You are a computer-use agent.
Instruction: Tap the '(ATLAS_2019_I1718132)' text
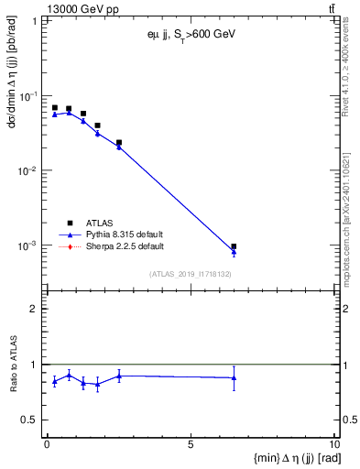[x=190, y=273]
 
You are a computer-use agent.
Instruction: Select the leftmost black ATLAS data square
[x=55, y=107]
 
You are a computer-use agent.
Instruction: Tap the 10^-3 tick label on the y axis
[x=29, y=245]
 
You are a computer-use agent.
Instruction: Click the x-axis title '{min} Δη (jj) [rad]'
[x=283, y=457]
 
